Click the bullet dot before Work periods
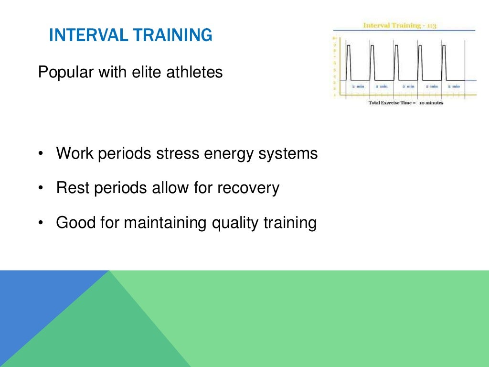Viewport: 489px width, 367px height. click(x=41, y=154)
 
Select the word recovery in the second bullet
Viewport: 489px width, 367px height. click(x=248, y=188)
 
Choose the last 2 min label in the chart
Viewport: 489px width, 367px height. click(x=453, y=86)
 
